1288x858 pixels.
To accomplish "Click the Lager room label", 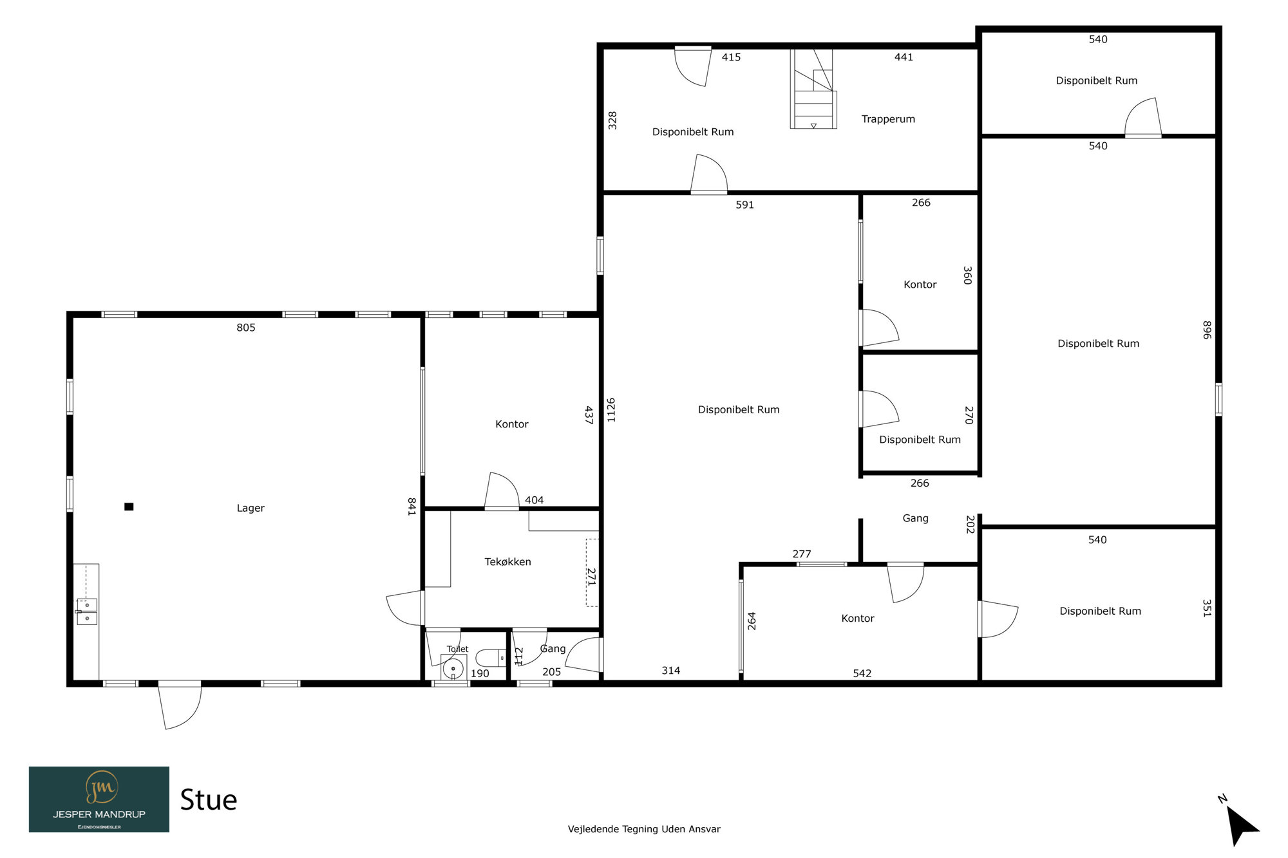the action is pyautogui.click(x=251, y=508).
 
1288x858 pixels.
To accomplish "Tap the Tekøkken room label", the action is pyautogui.click(x=507, y=562).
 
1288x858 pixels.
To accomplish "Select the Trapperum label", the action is pyautogui.click(x=888, y=119).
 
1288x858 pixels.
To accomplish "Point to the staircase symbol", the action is pyautogui.click(x=813, y=89).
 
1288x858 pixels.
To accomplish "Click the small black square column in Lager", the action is pyautogui.click(x=129, y=507).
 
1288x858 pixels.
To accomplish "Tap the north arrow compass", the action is pyautogui.click(x=1240, y=822).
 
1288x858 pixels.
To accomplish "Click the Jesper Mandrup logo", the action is pyautogui.click(x=99, y=799).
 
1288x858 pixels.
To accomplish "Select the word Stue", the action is pyautogui.click(x=208, y=800).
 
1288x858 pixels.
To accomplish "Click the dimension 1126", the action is pyautogui.click(x=611, y=410).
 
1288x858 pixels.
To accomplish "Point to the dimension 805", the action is pyautogui.click(x=246, y=328).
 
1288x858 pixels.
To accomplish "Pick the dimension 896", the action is pyautogui.click(x=1207, y=330).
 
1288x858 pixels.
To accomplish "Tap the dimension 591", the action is pyautogui.click(x=744, y=205).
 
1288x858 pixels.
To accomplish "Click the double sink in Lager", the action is pyautogui.click(x=87, y=611).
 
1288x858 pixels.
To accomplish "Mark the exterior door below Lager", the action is pyautogui.click(x=180, y=705).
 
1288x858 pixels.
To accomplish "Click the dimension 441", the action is pyautogui.click(x=904, y=57).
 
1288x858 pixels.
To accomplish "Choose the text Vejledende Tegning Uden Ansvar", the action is pyautogui.click(x=644, y=829).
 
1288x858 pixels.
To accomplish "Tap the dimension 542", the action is pyautogui.click(x=862, y=673).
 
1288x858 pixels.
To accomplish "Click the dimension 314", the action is pyautogui.click(x=671, y=671).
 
